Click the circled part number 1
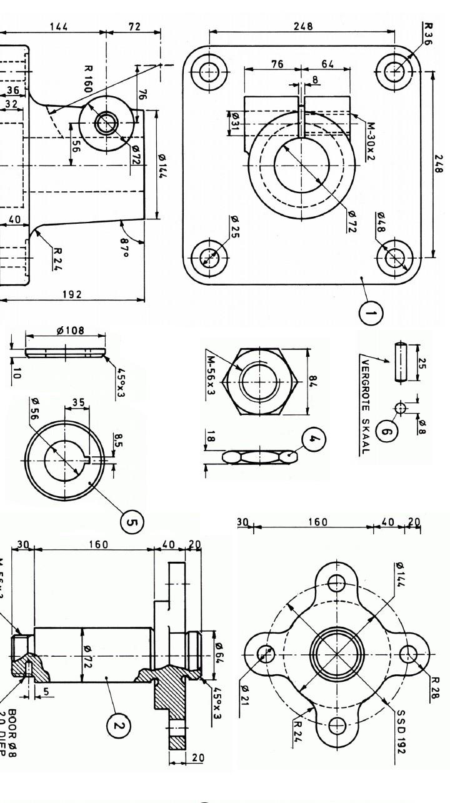pyautogui.click(x=371, y=313)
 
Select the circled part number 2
pyautogui.click(x=117, y=726)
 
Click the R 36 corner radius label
pyautogui.click(x=428, y=35)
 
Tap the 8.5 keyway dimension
pyautogui.click(x=117, y=441)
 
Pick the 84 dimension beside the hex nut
pyautogui.click(x=313, y=381)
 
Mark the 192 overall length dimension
pyautogui.click(x=73, y=294)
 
